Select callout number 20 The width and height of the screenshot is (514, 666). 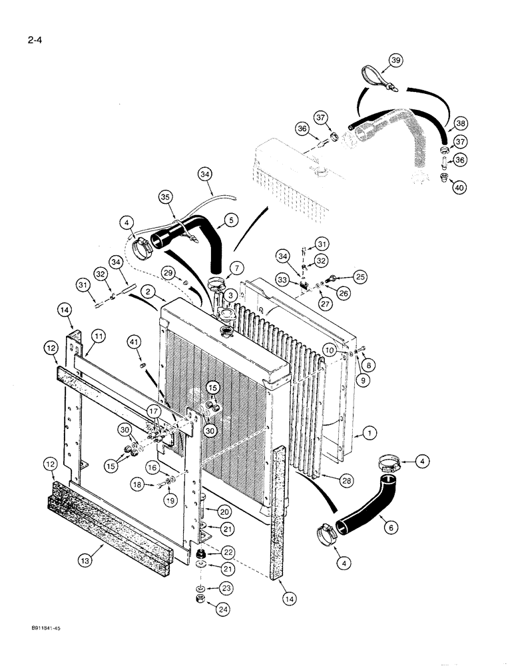tap(224, 511)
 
